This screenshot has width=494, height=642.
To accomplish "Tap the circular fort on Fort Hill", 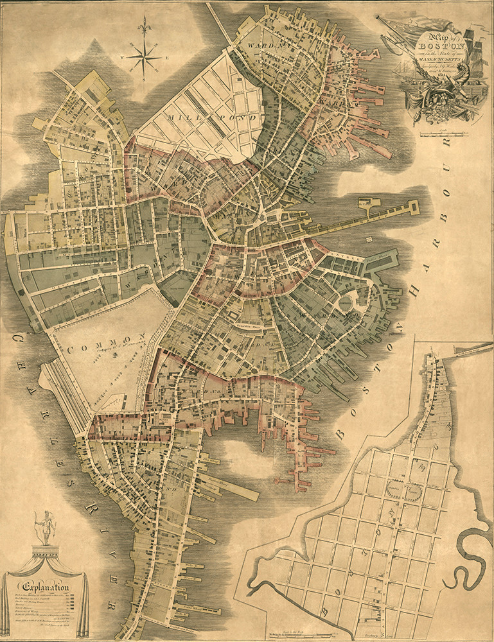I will pos(348,300).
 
